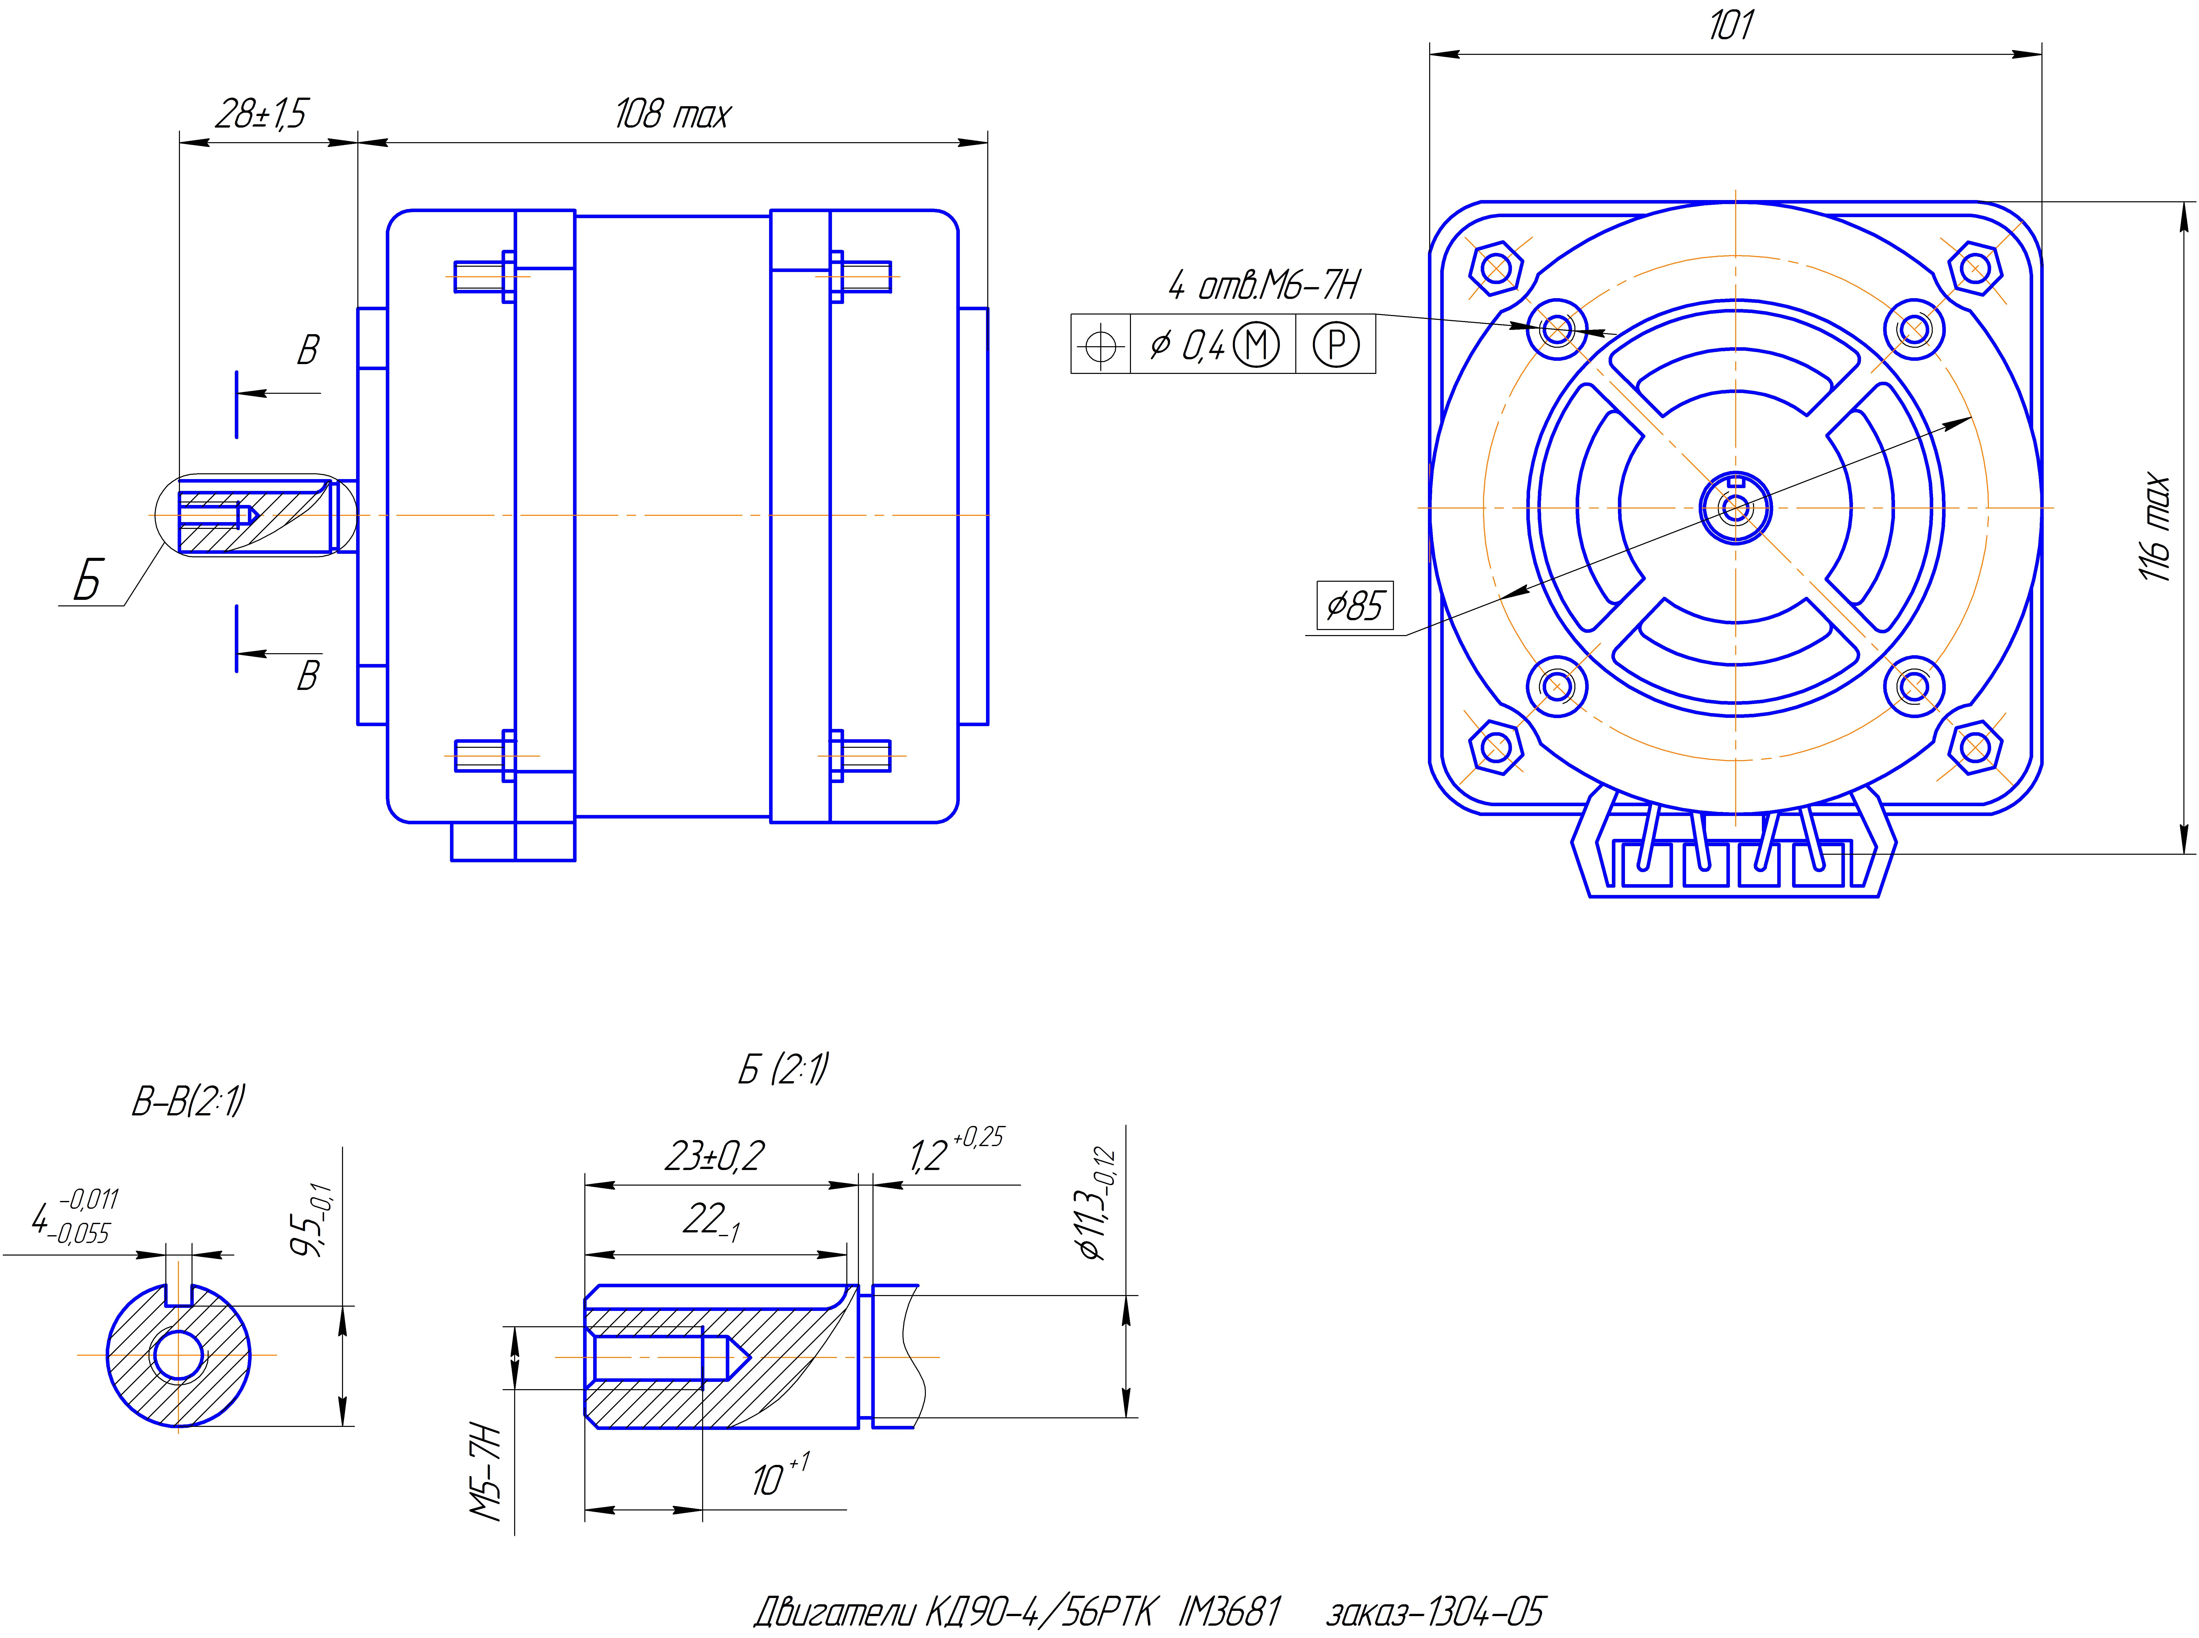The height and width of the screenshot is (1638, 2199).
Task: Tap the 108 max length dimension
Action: pos(671,114)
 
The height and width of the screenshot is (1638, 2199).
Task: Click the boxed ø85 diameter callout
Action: pos(1354,605)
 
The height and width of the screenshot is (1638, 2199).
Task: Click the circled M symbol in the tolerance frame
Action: pos(1256,345)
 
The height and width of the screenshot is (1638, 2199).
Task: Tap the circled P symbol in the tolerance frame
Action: pos(1336,345)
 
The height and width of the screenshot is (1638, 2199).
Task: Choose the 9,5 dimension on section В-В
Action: pos(310,1221)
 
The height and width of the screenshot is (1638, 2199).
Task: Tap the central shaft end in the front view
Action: pos(1735,508)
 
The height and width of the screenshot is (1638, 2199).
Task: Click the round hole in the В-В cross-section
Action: pos(178,1354)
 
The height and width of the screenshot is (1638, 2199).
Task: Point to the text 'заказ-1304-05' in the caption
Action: pos(1435,1611)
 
